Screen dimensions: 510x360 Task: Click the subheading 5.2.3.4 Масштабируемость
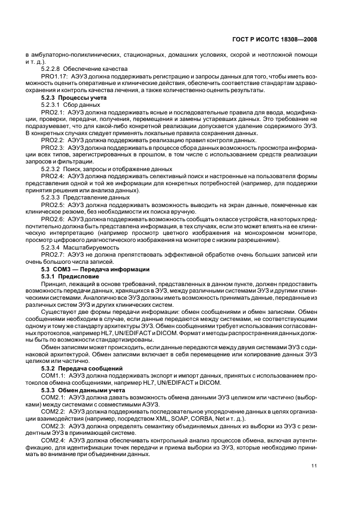tap(80, 247)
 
